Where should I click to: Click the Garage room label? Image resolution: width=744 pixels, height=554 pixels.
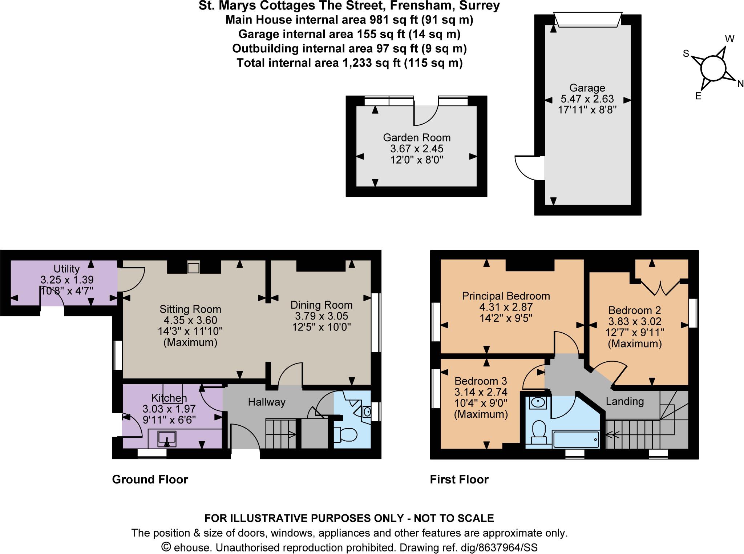[587, 88]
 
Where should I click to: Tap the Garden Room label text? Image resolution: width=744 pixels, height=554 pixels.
[417, 138]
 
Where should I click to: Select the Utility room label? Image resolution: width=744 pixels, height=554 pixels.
[66, 269]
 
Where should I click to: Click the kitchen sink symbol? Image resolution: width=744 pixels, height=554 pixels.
[167, 438]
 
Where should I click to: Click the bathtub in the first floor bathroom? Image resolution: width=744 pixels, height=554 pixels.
[575, 440]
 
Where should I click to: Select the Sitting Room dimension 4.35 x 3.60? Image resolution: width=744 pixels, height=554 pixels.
[190, 320]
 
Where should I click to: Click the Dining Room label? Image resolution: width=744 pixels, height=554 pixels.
[322, 305]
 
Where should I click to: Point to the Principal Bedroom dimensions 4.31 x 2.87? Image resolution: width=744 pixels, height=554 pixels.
[506, 307]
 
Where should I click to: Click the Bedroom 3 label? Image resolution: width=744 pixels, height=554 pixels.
[481, 381]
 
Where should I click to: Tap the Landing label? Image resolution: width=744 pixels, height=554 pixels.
[624, 401]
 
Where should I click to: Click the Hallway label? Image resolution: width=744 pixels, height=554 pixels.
[267, 402]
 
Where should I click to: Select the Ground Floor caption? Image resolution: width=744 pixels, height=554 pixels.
[150, 479]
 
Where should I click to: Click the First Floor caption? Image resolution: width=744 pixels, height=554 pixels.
[459, 479]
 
